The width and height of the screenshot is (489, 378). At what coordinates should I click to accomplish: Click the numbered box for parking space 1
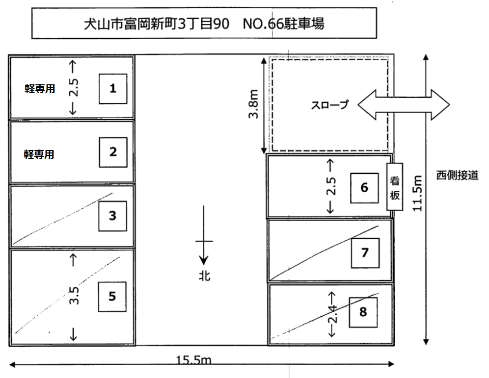[113, 89]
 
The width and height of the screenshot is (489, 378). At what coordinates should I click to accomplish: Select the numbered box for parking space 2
[113, 152]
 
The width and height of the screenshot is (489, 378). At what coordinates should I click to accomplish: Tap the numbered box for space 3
[112, 215]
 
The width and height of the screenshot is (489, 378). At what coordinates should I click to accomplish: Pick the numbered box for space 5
[112, 297]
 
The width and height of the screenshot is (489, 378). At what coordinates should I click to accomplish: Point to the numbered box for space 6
[364, 188]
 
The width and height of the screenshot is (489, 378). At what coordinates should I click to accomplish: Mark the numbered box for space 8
[363, 312]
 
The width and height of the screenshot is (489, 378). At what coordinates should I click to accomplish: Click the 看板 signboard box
[395, 187]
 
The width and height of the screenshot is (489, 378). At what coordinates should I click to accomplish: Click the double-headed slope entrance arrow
[403, 104]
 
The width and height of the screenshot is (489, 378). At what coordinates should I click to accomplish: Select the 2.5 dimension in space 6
[331, 187]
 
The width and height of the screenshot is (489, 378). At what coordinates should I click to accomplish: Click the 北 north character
[205, 276]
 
